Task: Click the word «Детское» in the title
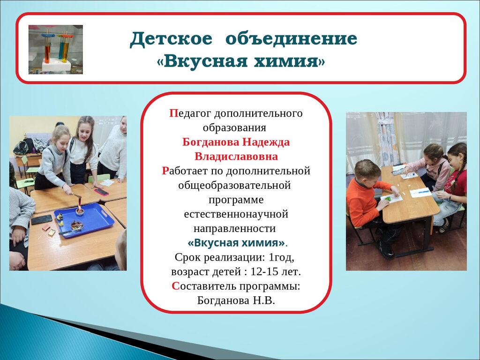click(x=171, y=39)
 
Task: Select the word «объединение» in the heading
click(x=292, y=39)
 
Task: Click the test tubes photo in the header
click(x=56, y=50)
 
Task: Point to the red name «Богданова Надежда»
click(x=236, y=142)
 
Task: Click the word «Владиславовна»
click(x=236, y=157)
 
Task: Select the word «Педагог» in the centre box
click(x=190, y=113)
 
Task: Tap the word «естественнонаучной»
click(x=236, y=214)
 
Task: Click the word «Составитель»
click(x=204, y=286)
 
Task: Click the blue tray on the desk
click(x=84, y=219)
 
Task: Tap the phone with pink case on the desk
click(x=101, y=192)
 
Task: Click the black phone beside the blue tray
click(x=42, y=219)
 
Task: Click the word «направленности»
click(x=235, y=228)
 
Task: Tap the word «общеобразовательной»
click(x=234, y=186)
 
